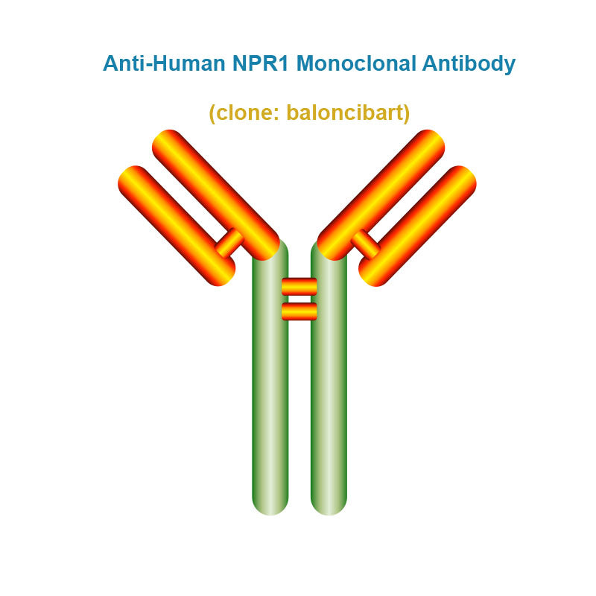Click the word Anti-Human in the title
pos(164,63)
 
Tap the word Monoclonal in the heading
pos(356,63)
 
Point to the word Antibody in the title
pos(469,64)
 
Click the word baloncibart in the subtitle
pos(348,112)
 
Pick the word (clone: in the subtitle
pos(244,113)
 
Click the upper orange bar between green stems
pos(299,287)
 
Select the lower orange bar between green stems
pos(299,311)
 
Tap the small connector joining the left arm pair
pos(229,243)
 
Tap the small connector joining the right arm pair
pos(366,244)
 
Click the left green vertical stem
pos(270,380)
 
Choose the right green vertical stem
pos(329,380)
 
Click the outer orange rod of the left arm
pos(177,226)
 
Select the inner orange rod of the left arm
pos(216,195)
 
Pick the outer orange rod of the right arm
pos(417,226)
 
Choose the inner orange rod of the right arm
pos(381,195)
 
